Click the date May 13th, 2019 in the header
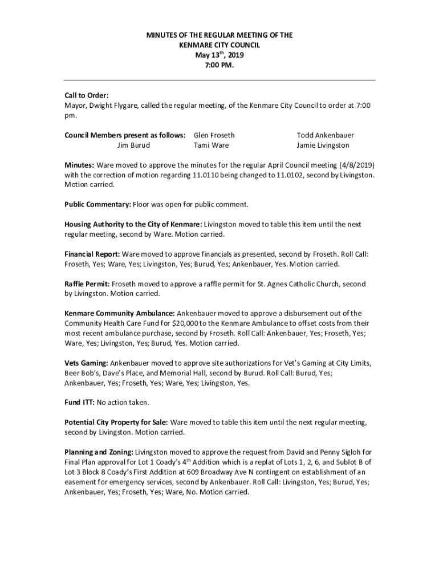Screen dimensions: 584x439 [219, 55]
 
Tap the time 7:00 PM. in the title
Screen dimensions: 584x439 [219, 66]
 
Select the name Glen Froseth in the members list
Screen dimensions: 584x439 [214, 135]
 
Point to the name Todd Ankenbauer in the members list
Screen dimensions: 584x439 [325, 135]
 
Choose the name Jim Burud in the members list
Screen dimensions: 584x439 [133, 145]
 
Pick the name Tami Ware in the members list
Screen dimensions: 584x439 [211, 145]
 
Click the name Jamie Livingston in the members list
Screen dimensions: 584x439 [323, 145]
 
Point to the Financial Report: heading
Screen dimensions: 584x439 [92, 254]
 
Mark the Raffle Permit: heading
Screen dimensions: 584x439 [87, 283]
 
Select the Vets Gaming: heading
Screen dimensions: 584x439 [86, 363]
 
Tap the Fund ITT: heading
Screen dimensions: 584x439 [80, 403]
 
